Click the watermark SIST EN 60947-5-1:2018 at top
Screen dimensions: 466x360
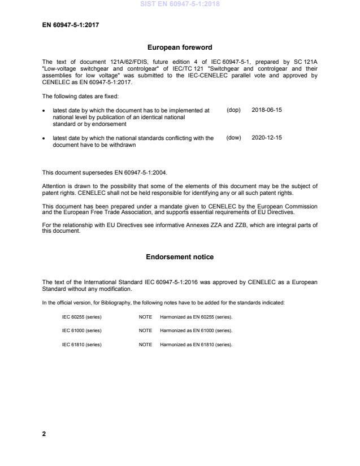pos(180,5)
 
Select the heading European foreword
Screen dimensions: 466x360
pos(180,48)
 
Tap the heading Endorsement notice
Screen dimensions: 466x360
pos(180,257)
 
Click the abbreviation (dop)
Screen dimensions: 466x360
pos(233,110)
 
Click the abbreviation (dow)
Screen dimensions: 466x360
pos(233,138)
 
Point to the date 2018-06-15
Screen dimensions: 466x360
pos(266,110)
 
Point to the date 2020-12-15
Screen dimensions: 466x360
pos(266,138)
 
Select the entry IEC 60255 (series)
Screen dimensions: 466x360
pos(81,317)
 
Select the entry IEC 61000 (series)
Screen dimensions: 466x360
pos(81,330)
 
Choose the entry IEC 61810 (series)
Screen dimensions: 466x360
pos(81,345)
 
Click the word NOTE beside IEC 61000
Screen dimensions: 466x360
pos(145,330)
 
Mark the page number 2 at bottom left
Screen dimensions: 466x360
pos(44,434)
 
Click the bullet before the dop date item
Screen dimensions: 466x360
pos(45,111)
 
